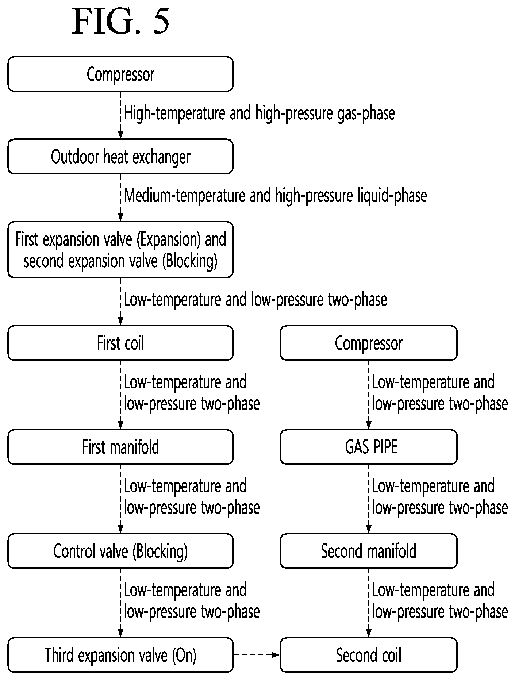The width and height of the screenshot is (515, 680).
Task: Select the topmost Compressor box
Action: click(x=120, y=74)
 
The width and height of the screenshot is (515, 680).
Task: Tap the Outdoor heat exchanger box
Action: click(x=120, y=156)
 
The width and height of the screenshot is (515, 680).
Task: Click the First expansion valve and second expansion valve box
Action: click(x=120, y=249)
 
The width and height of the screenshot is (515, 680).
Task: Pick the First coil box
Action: click(x=120, y=343)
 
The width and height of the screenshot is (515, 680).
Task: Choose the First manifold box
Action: click(x=120, y=447)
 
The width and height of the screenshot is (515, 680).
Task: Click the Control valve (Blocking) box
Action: click(x=120, y=551)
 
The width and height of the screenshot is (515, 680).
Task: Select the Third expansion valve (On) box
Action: click(x=120, y=655)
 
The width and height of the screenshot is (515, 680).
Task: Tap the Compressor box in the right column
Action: click(x=369, y=343)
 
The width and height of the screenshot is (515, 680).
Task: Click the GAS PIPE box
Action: click(x=369, y=447)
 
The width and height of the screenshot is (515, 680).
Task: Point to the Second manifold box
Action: click(x=369, y=551)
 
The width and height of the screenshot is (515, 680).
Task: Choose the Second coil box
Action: click(x=369, y=655)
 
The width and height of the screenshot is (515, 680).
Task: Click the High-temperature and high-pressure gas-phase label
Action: click(x=260, y=113)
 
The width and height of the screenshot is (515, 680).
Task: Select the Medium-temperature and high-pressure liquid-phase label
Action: click(x=276, y=196)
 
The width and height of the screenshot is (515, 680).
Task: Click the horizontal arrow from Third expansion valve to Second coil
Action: click(x=257, y=655)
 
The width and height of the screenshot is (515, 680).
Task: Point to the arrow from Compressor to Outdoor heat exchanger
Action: click(x=120, y=115)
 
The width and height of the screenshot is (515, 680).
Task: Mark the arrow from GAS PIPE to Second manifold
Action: click(x=369, y=499)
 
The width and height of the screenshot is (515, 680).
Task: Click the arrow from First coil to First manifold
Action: click(x=120, y=395)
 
